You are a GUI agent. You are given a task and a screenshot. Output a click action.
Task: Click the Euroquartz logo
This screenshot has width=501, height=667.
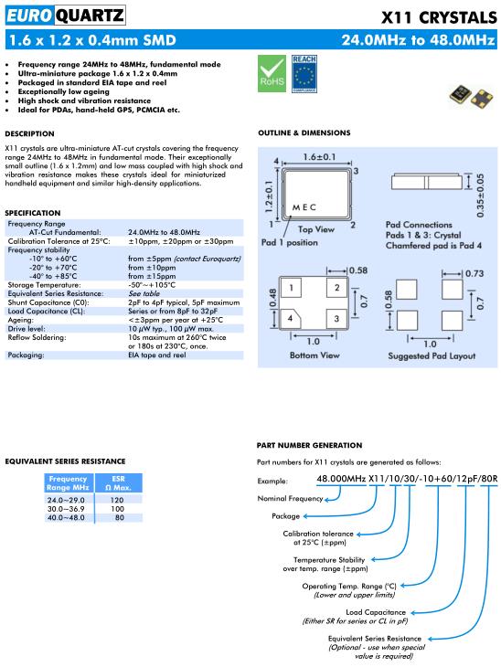tap(65, 16)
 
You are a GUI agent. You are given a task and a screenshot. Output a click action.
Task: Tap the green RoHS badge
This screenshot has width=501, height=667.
tap(272, 74)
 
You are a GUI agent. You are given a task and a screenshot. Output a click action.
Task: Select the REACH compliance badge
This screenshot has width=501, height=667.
tap(304, 74)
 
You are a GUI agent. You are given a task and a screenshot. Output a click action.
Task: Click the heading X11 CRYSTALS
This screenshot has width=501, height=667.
tap(439, 17)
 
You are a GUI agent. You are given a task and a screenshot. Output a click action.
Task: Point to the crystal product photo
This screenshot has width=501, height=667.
tap(471, 96)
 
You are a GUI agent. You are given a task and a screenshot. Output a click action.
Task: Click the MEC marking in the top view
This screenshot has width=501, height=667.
tap(304, 207)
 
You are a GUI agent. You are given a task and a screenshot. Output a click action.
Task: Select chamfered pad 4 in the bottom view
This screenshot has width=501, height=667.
tap(291, 318)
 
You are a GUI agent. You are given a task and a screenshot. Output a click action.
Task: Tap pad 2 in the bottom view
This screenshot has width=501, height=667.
tap(336, 287)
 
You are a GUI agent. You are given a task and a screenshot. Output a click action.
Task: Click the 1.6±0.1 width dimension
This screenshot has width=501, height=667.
tap(319, 157)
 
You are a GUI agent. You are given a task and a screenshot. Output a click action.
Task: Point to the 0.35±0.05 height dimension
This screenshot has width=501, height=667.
tap(480, 196)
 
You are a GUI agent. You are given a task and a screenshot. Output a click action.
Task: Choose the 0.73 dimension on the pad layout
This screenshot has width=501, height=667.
tap(474, 273)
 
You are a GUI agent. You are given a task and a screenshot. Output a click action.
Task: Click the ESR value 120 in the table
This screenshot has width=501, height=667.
tap(117, 501)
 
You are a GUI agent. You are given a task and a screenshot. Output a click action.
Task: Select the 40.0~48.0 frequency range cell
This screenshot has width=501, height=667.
tap(66, 518)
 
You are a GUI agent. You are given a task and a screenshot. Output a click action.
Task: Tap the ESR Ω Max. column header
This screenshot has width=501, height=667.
tap(118, 483)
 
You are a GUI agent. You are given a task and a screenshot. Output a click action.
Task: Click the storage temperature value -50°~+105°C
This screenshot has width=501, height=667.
tap(152, 285)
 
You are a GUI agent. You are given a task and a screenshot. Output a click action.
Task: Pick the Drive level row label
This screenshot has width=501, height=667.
tap(27, 329)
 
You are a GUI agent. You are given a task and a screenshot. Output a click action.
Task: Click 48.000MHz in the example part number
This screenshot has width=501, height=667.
tap(341, 479)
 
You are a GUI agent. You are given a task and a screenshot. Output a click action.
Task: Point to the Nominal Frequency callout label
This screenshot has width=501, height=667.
tap(290, 499)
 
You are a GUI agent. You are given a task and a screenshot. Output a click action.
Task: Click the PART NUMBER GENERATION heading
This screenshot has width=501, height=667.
tap(309, 445)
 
